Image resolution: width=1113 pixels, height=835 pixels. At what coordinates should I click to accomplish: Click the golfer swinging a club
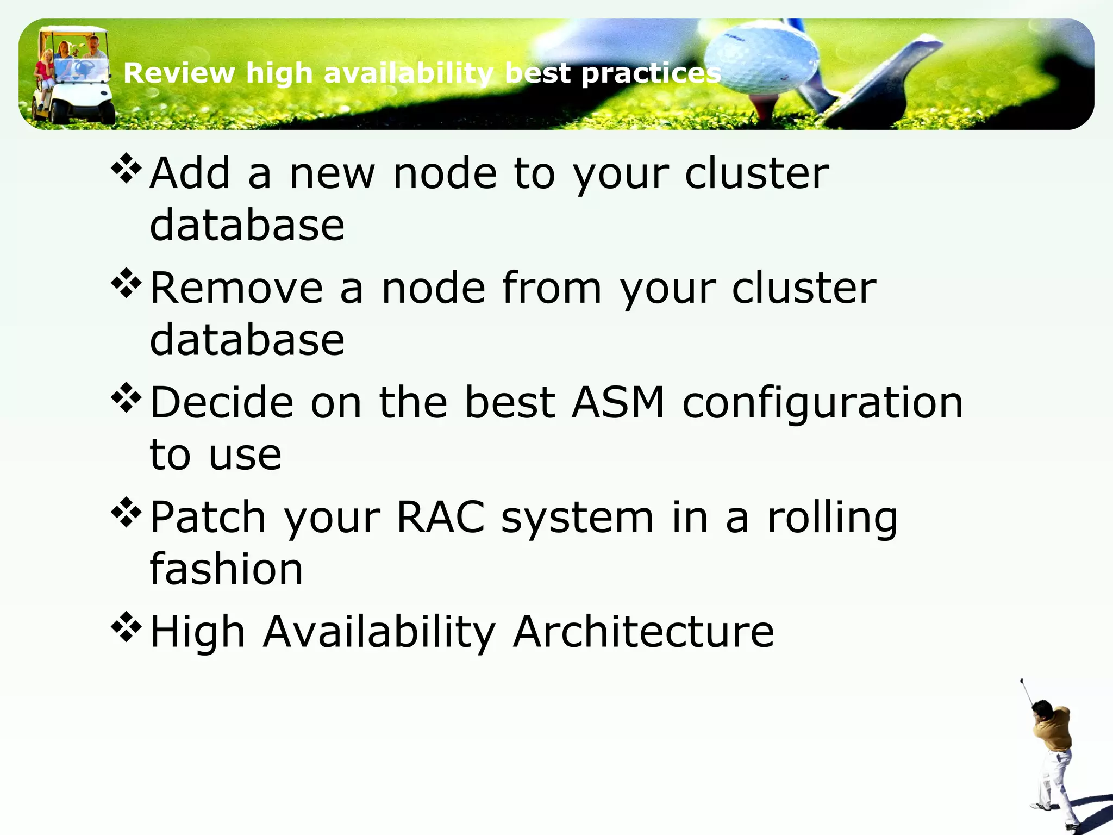click(1052, 756)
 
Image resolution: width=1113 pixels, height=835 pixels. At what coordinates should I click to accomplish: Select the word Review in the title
click(179, 73)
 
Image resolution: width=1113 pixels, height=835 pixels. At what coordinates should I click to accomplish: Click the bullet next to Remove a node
click(126, 283)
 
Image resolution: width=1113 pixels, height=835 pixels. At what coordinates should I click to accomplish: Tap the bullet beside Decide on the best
click(126, 398)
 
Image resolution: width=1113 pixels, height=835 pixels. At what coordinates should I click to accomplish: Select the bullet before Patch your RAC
click(126, 513)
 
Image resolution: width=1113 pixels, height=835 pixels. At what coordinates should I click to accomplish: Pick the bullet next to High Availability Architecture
click(126, 627)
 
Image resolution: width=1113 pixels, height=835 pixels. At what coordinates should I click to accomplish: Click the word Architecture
click(643, 632)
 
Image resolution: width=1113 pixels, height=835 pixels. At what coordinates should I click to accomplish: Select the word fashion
click(226, 569)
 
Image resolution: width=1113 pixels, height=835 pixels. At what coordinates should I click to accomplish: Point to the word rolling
click(832, 518)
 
